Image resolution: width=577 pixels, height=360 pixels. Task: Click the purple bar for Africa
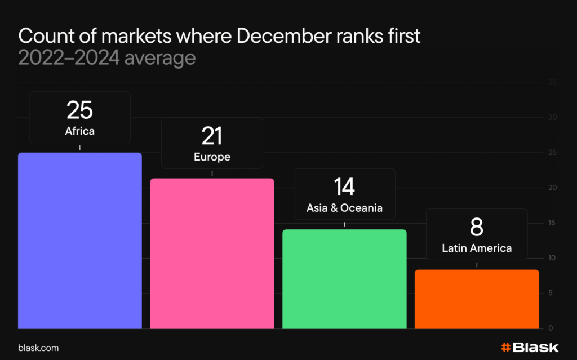pos(79,241)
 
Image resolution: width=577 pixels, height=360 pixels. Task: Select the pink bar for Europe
pos(212,254)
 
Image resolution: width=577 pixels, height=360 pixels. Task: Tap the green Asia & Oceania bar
pos(344,279)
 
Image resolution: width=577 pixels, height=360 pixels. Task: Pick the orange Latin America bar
pos(477,299)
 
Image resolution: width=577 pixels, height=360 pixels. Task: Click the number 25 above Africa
pos(79,110)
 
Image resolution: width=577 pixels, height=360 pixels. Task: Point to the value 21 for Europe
pos(212,136)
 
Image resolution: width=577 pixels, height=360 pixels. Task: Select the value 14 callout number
pos(344,187)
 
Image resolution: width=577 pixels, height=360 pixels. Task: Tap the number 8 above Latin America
pos(477,228)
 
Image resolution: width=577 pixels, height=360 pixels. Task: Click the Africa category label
pos(79,132)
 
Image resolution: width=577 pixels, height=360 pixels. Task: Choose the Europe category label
pos(212,157)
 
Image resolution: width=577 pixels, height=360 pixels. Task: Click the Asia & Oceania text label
pos(344,208)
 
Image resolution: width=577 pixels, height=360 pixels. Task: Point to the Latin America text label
pos(477,248)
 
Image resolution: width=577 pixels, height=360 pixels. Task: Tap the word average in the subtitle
pos(160,58)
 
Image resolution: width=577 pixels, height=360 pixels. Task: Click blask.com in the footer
pos(38,348)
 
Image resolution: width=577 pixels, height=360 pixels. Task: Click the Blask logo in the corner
pos(529,347)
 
